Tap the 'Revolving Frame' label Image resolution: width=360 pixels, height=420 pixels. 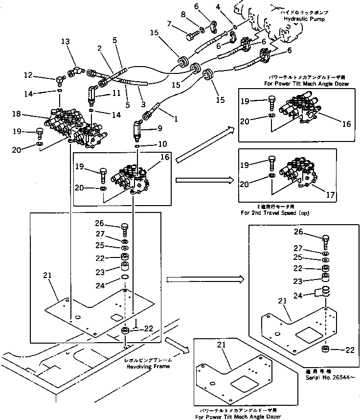pyautogui.click(x=148, y=366)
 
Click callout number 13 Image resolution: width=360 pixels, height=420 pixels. pyautogui.click(x=66, y=42)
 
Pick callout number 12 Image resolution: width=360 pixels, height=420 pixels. pyautogui.click(x=28, y=75)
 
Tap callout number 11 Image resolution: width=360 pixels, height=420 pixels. pyautogui.click(x=117, y=92)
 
